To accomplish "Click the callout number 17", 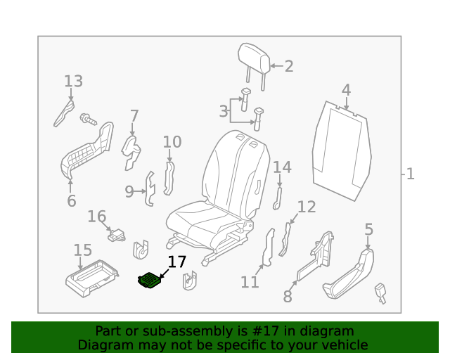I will (x=176, y=262).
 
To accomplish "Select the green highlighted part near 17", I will (x=149, y=281).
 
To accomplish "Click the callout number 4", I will (x=346, y=90).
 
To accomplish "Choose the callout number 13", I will (x=73, y=82).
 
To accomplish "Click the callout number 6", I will (x=71, y=201).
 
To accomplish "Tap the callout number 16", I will (x=96, y=217).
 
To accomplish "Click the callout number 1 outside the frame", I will (x=410, y=174).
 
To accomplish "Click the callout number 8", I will (x=288, y=297).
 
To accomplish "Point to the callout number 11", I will (x=250, y=282).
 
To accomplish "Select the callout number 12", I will (x=307, y=207).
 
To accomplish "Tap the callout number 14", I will (x=281, y=167).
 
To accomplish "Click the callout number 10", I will (x=172, y=143).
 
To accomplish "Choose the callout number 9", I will (x=129, y=191).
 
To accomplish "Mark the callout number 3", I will (x=223, y=111).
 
